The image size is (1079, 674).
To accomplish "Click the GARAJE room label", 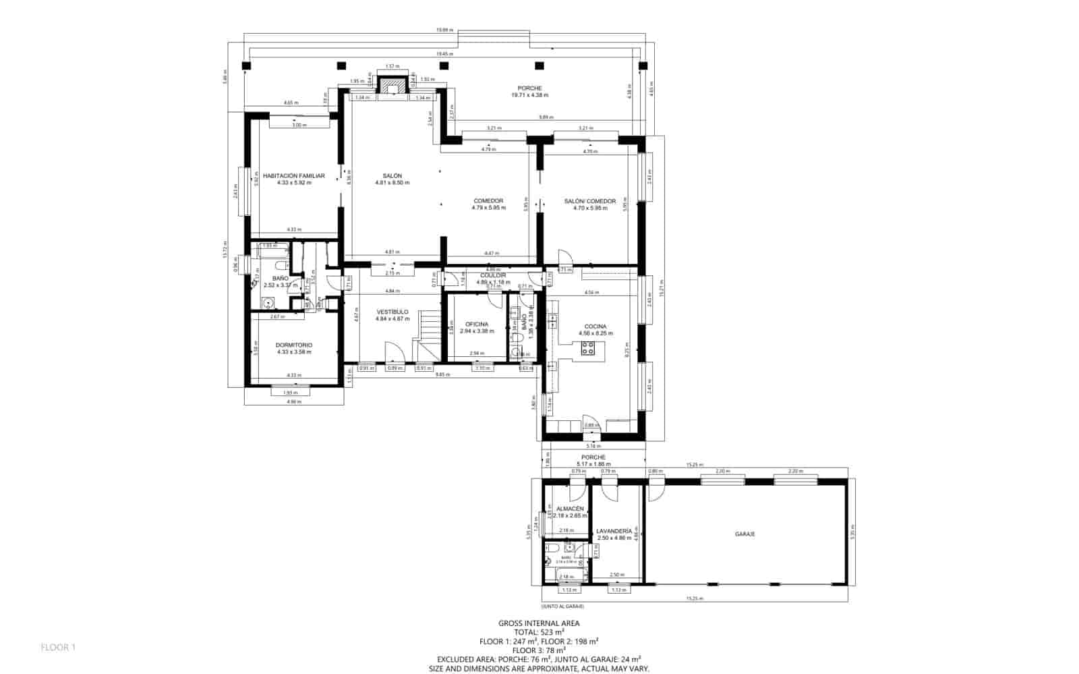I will point(745,534).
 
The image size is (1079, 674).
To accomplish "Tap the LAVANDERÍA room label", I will point(614,531).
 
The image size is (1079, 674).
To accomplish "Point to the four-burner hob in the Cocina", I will point(587,349).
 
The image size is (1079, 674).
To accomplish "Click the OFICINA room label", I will point(476,325).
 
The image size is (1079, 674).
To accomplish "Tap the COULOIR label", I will point(493,275).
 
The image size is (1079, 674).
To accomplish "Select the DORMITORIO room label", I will point(294,345).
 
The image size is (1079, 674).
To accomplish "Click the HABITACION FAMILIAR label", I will point(293,175).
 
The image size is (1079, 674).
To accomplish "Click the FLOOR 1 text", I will point(58,648).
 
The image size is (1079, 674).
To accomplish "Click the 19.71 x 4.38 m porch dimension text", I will point(529,95).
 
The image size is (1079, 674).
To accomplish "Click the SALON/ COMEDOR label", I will point(589,201).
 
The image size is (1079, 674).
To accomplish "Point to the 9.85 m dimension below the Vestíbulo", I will point(442,374).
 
